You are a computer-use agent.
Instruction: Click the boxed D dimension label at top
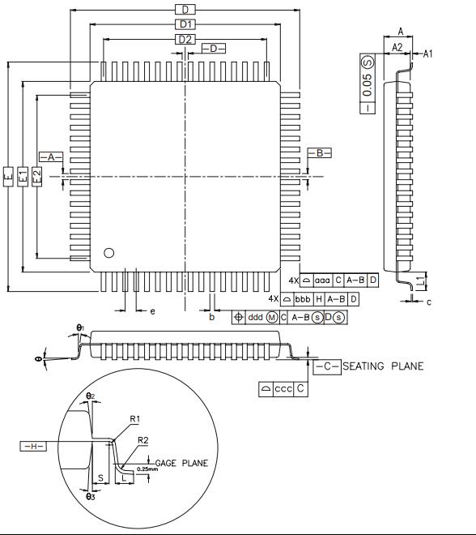(185, 9)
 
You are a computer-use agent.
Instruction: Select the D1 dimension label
(185, 24)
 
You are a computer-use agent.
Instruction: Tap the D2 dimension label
(185, 39)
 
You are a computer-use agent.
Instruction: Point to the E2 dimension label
(37, 175)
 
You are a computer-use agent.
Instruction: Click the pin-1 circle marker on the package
(109, 252)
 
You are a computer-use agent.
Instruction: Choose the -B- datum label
(320, 152)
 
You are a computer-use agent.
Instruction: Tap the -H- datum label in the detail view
(34, 446)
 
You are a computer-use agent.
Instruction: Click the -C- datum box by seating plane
(327, 366)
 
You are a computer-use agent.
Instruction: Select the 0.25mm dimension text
(147, 469)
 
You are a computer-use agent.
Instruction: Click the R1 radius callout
(136, 418)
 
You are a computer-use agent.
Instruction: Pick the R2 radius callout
(142, 440)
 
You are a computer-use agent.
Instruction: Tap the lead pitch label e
(152, 311)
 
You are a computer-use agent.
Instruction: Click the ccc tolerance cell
(283, 389)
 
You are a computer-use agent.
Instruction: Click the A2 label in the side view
(397, 48)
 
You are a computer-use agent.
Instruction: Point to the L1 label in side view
(419, 280)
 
